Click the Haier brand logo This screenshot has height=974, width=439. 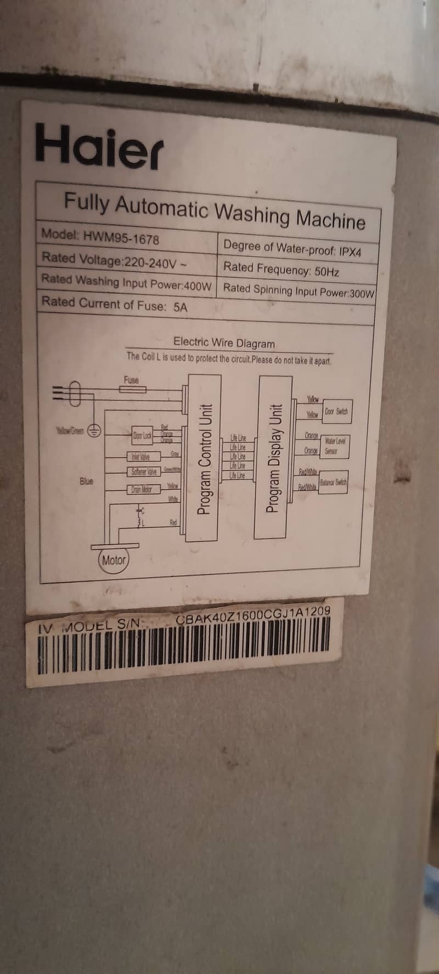click(99, 146)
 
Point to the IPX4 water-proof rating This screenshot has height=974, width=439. click(350, 252)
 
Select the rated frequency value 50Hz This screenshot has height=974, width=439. click(327, 271)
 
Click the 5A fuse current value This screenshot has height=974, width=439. click(180, 307)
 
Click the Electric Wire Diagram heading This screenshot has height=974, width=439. click(224, 343)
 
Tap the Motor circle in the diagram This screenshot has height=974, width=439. click(114, 560)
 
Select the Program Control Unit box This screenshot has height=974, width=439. click(204, 458)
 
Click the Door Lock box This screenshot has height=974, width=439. click(142, 436)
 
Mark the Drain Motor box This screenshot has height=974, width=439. click(144, 489)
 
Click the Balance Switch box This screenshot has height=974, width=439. click(333, 482)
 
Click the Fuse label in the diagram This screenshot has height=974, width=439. click(131, 379)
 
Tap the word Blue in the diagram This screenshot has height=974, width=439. click(86, 481)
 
